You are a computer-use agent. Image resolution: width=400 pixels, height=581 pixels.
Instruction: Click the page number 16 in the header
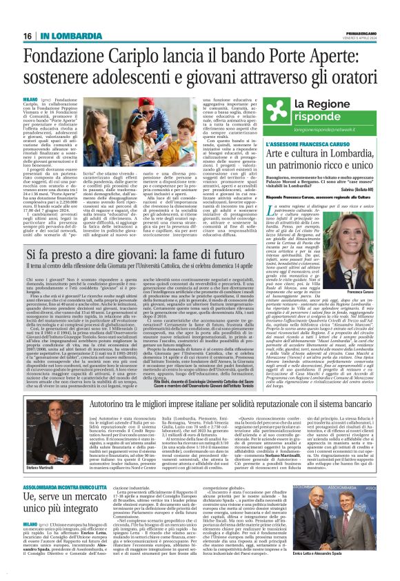point(28,36)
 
